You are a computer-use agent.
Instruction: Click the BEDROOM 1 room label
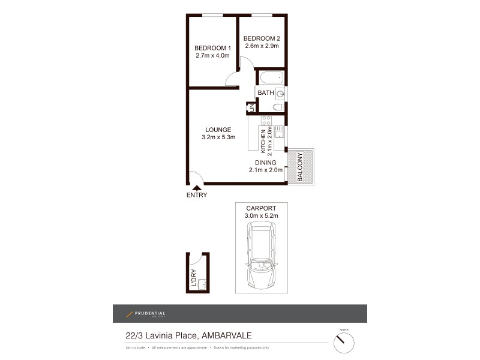(x=212, y=48)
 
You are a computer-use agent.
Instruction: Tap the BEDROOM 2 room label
(x=262, y=39)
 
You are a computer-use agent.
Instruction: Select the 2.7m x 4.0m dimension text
(x=212, y=56)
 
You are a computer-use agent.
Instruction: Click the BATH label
(x=265, y=93)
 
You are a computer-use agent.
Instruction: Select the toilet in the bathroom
(x=278, y=107)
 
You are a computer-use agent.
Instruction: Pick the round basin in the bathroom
(x=280, y=94)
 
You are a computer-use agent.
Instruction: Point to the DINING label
(x=265, y=163)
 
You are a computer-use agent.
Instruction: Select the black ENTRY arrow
(x=196, y=188)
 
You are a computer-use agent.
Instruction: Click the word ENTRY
(x=197, y=196)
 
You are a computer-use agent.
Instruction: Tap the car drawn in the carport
(x=260, y=255)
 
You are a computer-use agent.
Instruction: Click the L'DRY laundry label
(x=194, y=278)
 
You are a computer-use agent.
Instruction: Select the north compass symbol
(x=344, y=343)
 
